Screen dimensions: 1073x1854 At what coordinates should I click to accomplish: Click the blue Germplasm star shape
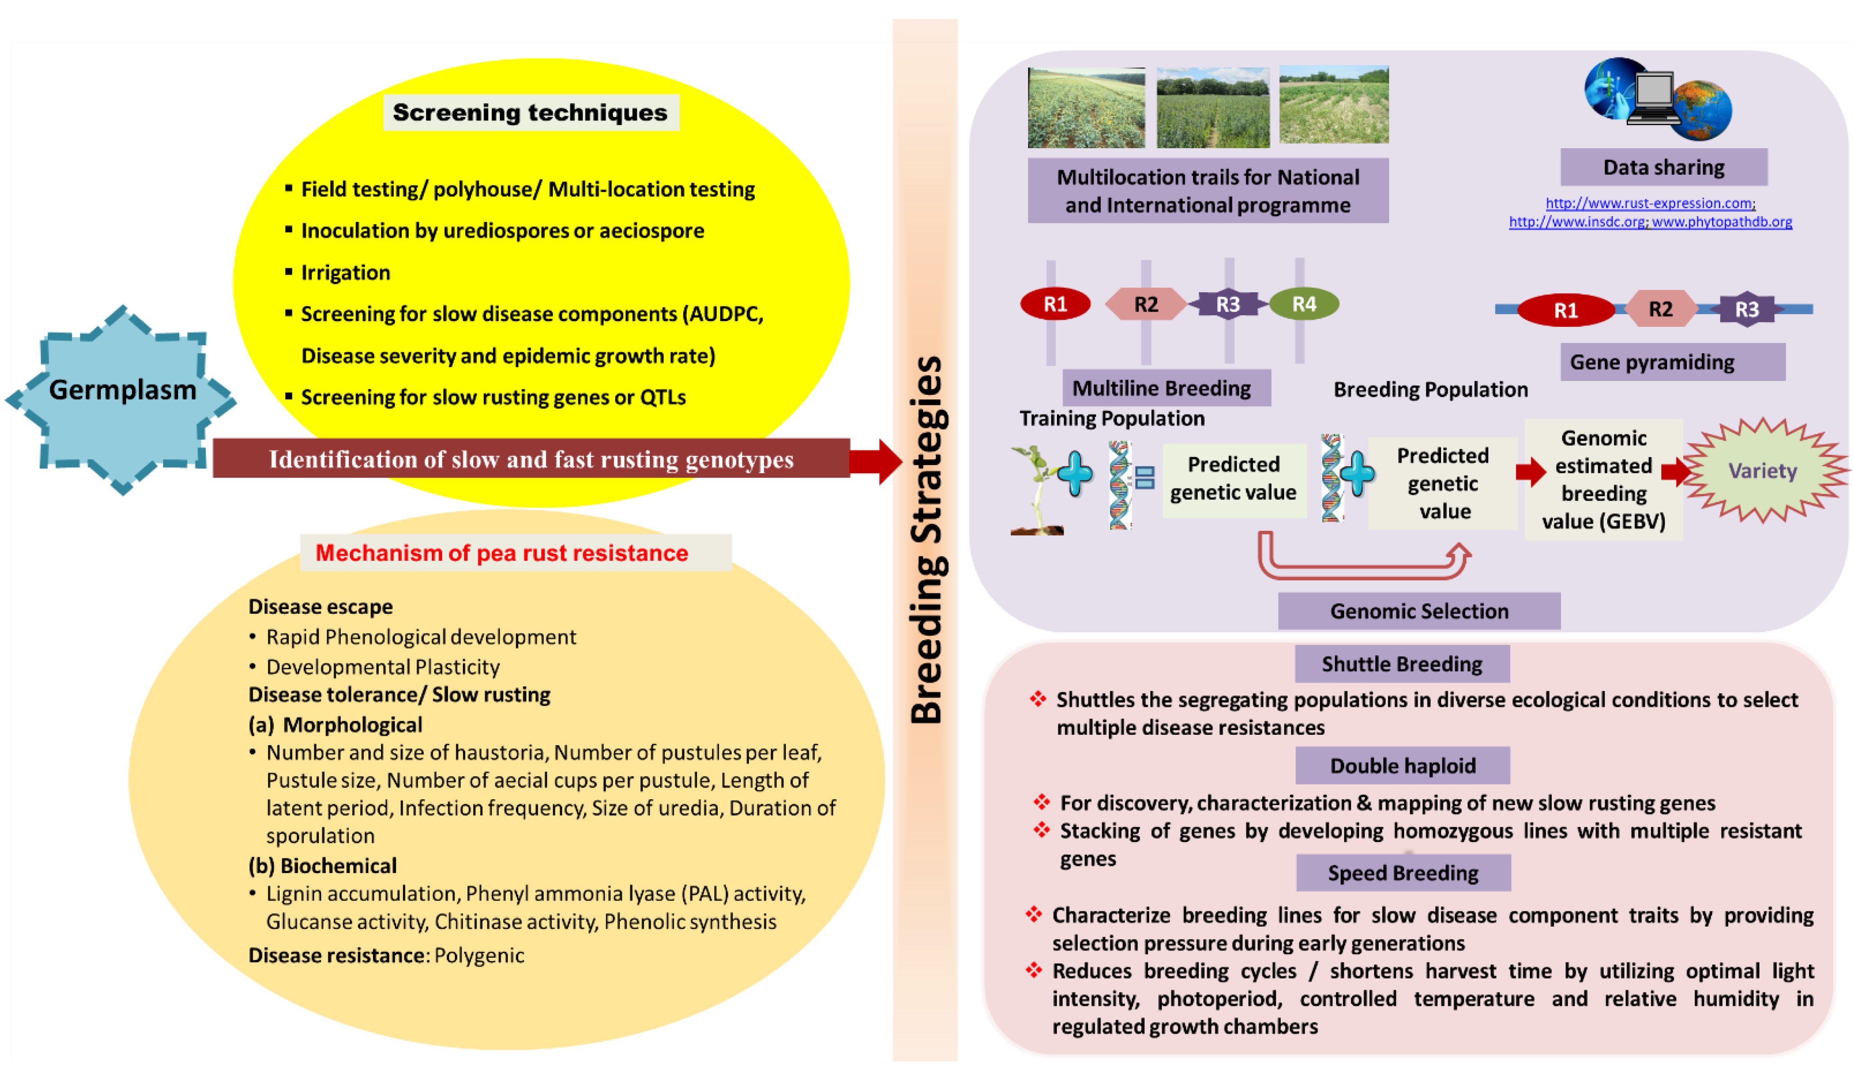point(122,399)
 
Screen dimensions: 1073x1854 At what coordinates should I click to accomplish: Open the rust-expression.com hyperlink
point(1650,203)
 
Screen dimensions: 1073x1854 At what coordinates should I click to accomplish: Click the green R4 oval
point(1304,304)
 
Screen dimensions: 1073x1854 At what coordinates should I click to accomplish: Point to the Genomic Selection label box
point(1419,611)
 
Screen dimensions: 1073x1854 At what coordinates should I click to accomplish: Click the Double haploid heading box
point(1402,765)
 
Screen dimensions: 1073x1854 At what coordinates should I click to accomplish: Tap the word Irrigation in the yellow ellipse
point(346,273)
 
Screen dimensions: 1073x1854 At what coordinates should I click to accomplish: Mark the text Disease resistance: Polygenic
point(386,955)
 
